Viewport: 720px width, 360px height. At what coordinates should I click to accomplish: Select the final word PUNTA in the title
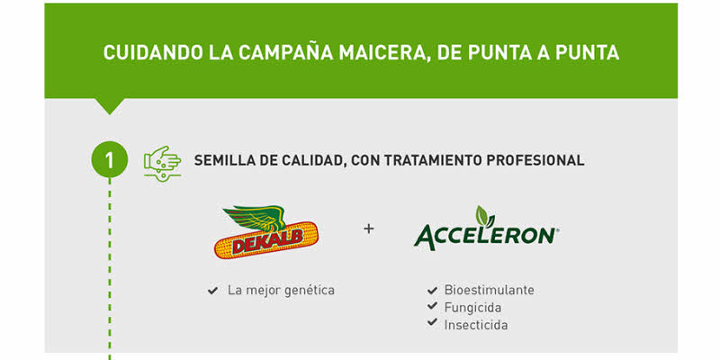[x=587, y=53]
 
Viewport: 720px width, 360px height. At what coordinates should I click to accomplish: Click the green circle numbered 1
[x=109, y=160]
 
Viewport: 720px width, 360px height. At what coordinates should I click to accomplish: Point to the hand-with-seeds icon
[x=162, y=164]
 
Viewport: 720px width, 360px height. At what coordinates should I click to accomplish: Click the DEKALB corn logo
[x=265, y=232]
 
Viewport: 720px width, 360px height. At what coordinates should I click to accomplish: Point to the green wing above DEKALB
[x=255, y=217]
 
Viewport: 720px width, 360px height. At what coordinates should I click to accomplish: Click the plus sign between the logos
[x=369, y=229]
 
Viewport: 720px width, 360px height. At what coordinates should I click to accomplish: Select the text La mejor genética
[x=281, y=291]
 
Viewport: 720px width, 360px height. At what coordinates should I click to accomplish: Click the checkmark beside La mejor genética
[x=212, y=291]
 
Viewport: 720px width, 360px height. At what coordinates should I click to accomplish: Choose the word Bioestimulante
[x=489, y=290]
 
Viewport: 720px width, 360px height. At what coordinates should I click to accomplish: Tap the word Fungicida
[x=472, y=307]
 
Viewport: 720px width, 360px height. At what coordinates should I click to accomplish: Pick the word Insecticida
[x=476, y=325]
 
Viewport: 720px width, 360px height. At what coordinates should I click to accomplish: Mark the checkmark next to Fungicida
[x=432, y=306]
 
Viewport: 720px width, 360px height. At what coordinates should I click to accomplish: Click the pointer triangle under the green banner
[x=109, y=106]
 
